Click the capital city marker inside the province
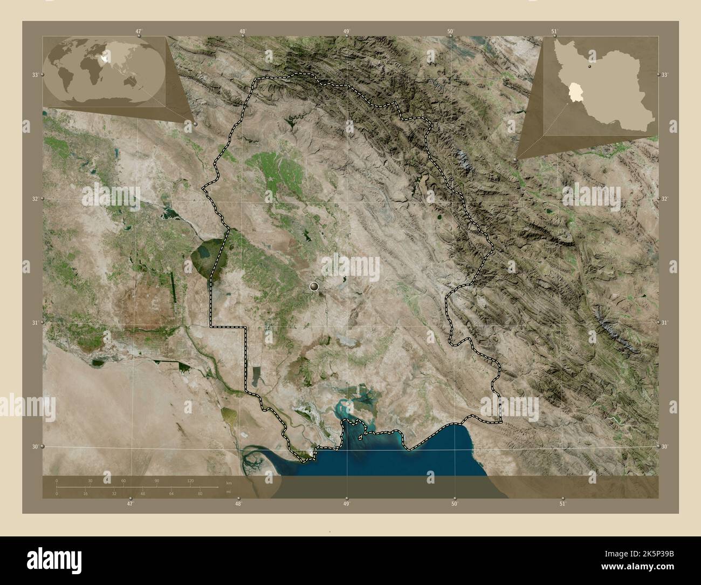[x=314, y=287]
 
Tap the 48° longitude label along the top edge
[x=243, y=32]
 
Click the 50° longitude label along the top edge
[x=450, y=32]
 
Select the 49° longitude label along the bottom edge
[x=347, y=504]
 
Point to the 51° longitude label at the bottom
[x=562, y=504]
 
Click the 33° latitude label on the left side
[x=35, y=74]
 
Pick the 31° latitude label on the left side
[x=35, y=323]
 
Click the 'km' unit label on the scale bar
[x=229, y=482]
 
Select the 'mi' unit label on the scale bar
[x=229, y=492]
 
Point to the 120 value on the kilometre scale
[x=190, y=480]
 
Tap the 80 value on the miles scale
[x=200, y=494]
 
